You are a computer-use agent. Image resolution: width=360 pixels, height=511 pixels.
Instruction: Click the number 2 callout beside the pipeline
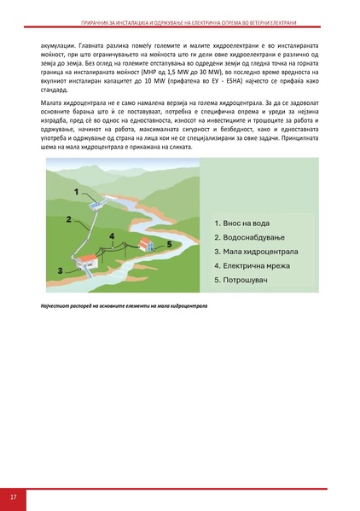[67, 219]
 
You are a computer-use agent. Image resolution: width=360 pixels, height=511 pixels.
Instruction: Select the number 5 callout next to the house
[169, 243]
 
